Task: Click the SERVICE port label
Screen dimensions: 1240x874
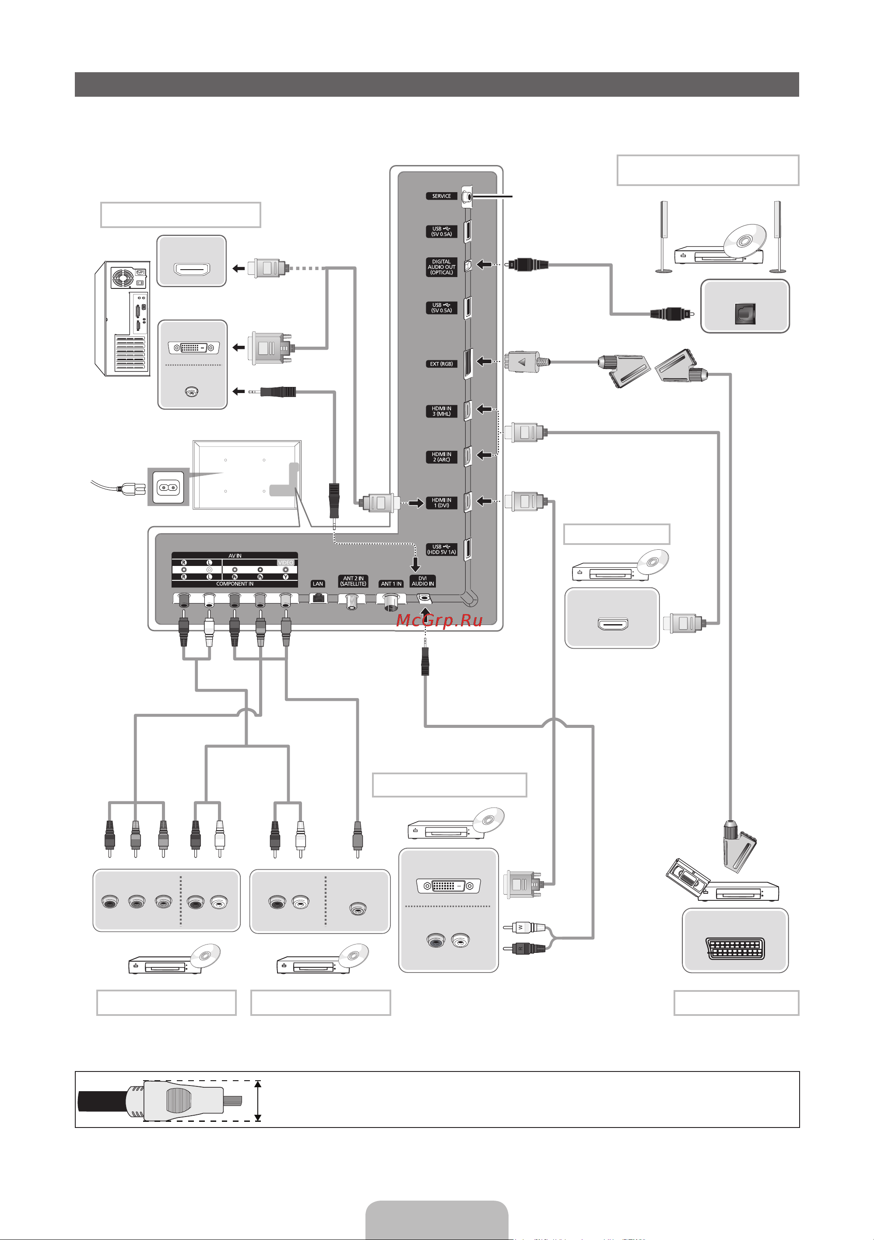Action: coord(441,196)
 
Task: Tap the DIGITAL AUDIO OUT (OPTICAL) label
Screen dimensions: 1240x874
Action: coord(441,267)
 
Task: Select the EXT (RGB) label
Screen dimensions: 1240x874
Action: coord(441,364)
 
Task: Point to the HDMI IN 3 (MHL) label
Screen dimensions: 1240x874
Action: coord(441,411)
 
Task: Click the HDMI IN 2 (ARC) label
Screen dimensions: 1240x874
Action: coord(441,457)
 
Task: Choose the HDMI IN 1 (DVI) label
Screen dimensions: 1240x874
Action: coord(441,503)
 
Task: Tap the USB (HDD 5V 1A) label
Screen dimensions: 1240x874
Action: coord(441,549)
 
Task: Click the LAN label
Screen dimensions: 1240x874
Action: coord(318,584)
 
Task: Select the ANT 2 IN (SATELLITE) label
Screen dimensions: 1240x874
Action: coord(353,581)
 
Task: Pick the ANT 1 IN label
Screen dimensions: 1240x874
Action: coord(391,584)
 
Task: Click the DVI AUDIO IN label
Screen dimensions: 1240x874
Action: coord(422,581)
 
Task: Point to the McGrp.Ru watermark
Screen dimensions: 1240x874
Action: coord(439,621)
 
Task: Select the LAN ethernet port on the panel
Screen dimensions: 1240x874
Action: coord(319,598)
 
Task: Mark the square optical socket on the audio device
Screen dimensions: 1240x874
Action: coord(745,314)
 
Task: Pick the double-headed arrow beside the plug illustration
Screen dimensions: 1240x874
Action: coord(258,1101)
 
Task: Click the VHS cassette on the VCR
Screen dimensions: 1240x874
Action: coord(687,875)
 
